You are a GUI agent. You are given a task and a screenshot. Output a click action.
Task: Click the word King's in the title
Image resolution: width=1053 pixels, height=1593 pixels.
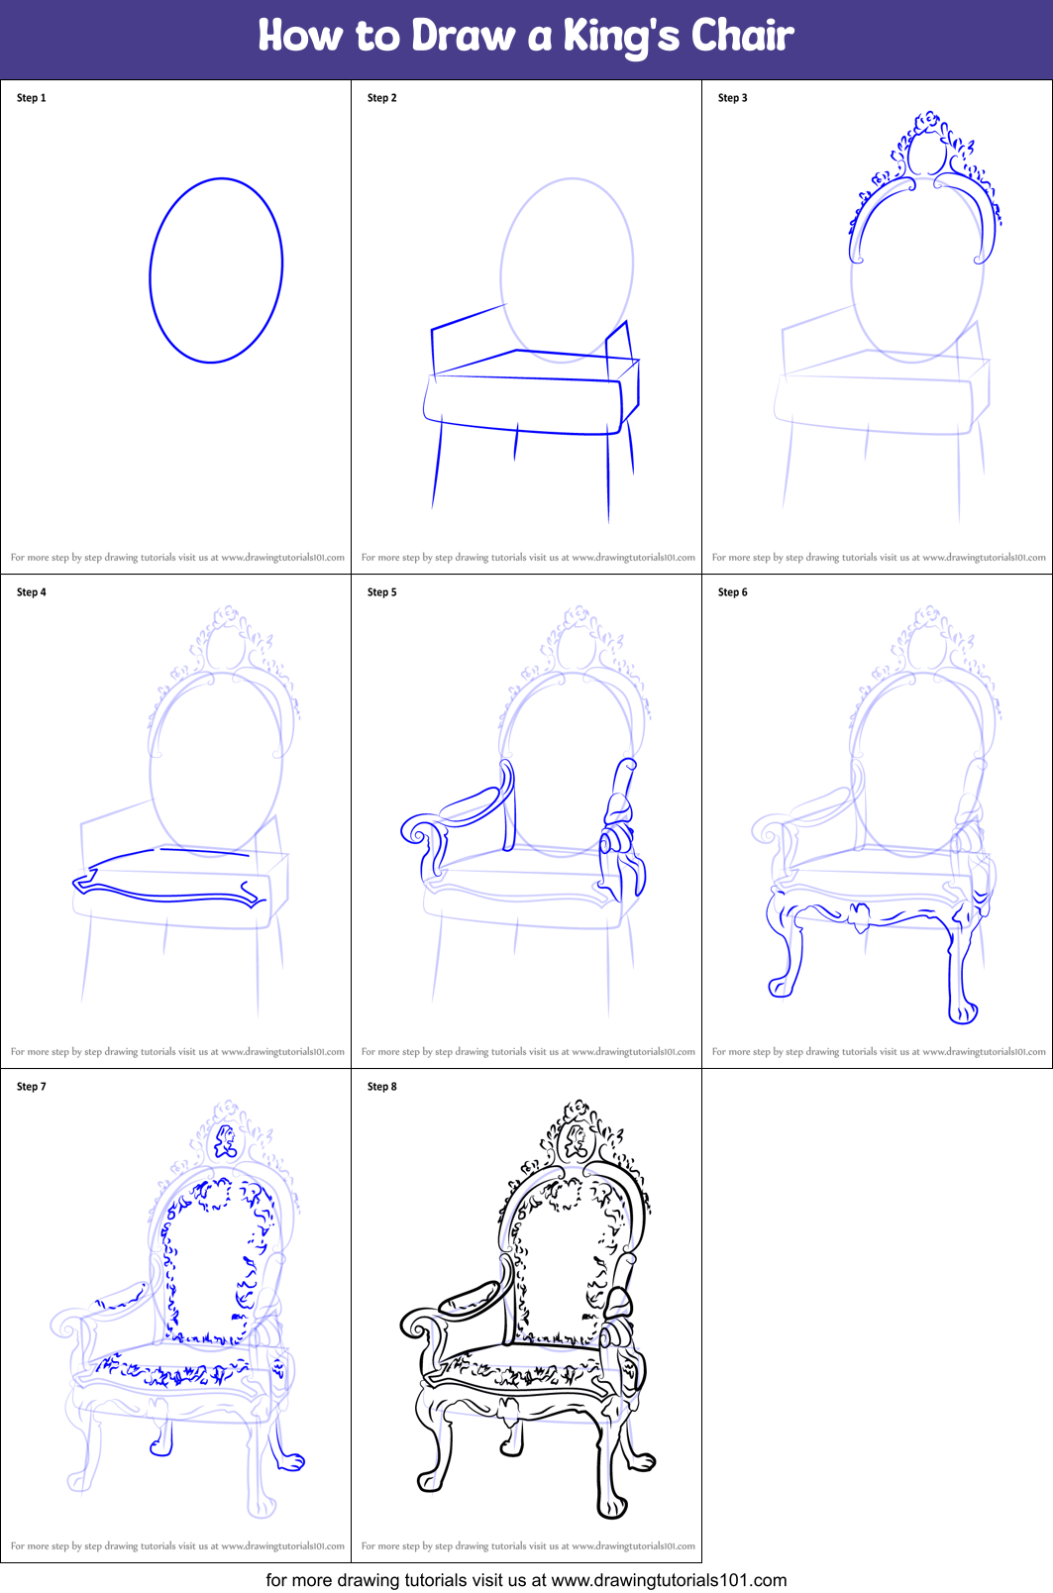pyautogui.click(x=621, y=37)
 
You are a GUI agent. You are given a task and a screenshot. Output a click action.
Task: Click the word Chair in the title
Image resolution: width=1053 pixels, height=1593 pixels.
pyautogui.click(x=742, y=36)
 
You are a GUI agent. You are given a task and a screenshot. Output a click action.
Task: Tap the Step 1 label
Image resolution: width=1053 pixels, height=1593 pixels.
pyautogui.click(x=32, y=98)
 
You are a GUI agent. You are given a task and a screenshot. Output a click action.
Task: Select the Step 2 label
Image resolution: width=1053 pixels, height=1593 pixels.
pyautogui.click(x=382, y=98)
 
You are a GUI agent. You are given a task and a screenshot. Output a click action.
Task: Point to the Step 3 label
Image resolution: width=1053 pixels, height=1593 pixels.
pyautogui.click(x=733, y=98)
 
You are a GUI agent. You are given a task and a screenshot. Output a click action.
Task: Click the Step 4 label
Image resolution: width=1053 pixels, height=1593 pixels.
pyautogui.click(x=32, y=592)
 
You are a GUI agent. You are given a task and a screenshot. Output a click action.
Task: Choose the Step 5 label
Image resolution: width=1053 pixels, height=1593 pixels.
pyautogui.click(x=382, y=592)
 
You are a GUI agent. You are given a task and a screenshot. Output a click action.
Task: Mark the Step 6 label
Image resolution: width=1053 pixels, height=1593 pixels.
pyautogui.click(x=733, y=592)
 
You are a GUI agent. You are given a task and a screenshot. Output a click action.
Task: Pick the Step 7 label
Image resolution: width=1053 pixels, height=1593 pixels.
pyautogui.click(x=32, y=1087)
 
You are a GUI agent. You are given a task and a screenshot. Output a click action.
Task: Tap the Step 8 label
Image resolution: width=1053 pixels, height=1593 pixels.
pyautogui.click(x=382, y=1087)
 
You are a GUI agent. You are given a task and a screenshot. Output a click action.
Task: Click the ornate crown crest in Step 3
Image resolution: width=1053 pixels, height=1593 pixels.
pyautogui.click(x=927, y=149)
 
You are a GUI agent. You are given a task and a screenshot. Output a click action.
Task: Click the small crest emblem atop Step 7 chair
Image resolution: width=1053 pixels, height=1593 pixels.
pyautogui.click(x=226, y=1141)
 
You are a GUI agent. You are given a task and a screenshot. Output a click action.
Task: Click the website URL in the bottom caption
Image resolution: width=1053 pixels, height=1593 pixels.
pyautogui.click(x=669, y=1580)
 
